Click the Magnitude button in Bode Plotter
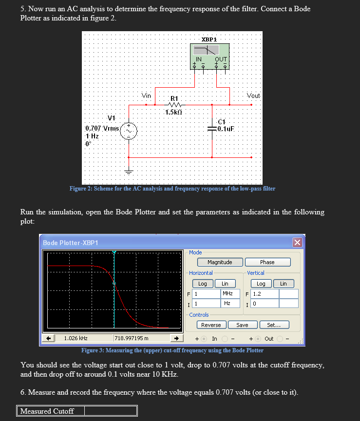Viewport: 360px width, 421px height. point(220,262)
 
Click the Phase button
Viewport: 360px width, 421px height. point(267,262)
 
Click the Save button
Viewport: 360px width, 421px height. point(242,325)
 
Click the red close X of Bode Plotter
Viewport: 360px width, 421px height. point(297,243)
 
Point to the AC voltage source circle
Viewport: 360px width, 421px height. point(129,130)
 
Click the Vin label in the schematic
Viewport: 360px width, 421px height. point(147,96)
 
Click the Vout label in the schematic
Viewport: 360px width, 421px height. point(253,96)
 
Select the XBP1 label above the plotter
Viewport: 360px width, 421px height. point(209,39)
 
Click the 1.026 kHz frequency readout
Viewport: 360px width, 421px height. point(76,338)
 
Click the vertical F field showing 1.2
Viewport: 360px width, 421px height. point(265,294)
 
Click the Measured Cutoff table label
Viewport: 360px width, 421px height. point(47,411)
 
